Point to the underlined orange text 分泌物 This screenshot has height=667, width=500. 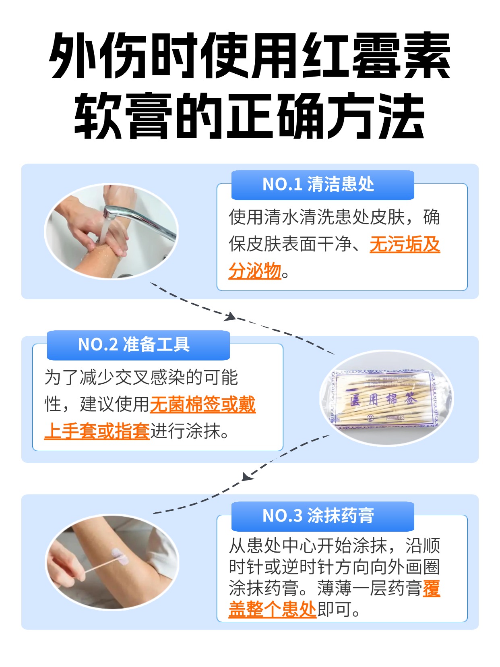pyautogui.click(x=254, y=271)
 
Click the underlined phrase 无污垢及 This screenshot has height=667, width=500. pyautogui.click(x=405, y=244)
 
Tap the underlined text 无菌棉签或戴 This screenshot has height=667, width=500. pyautogui.click(x=202, y=404)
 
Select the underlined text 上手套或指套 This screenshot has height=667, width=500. pyautogui.click(x=97, y=431)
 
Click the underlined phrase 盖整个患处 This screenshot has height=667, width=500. pyautogui.click(x=273, y=609)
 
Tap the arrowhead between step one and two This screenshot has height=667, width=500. pyautogui.click(x=230, y=317)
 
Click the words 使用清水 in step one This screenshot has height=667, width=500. pyautogui.click(x=264, y=217)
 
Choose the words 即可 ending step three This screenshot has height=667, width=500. pyautogui.click(x=334, y=609)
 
